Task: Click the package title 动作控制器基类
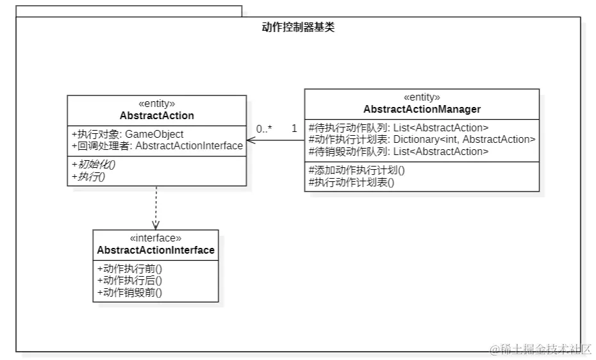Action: [298, 27]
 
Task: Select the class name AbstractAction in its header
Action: [156, 115]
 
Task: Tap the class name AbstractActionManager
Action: [422, 109]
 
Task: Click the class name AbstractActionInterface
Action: [156, 250]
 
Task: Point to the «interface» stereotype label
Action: [156, 238]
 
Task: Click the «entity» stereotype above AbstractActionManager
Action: [422, 97]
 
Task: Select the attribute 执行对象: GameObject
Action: [127, 134]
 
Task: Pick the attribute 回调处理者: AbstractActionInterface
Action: [157, 145]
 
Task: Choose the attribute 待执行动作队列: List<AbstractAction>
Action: [399, 127]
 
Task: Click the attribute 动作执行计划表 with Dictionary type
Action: [422, 139]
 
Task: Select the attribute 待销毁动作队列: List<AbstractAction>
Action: [399, 151]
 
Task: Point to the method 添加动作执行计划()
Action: [357, 170]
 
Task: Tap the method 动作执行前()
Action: [129, 268]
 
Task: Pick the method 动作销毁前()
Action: [129, 292]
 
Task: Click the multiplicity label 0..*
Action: [264, 129]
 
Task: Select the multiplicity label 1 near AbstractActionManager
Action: [294, 129]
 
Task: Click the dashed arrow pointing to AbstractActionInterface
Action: [156, 208]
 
